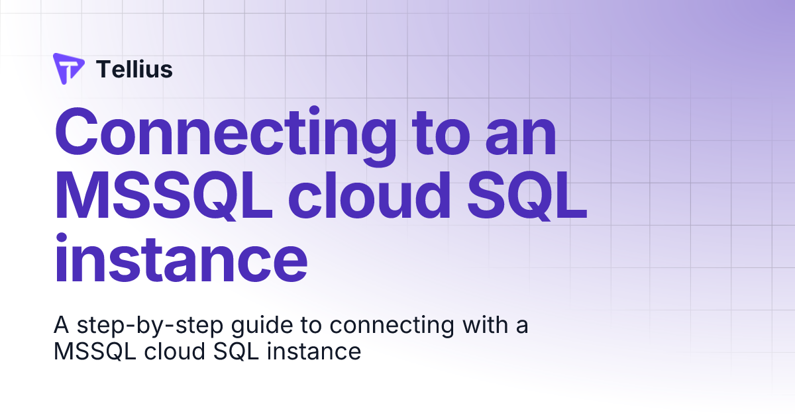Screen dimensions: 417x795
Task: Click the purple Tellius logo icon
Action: click(x=68, y=68)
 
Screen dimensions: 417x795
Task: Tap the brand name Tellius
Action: click(x=134, y=69)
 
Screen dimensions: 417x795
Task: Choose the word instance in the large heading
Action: click(x=180, y=257)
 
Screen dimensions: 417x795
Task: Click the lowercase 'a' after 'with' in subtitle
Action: click(x=521, y=327)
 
